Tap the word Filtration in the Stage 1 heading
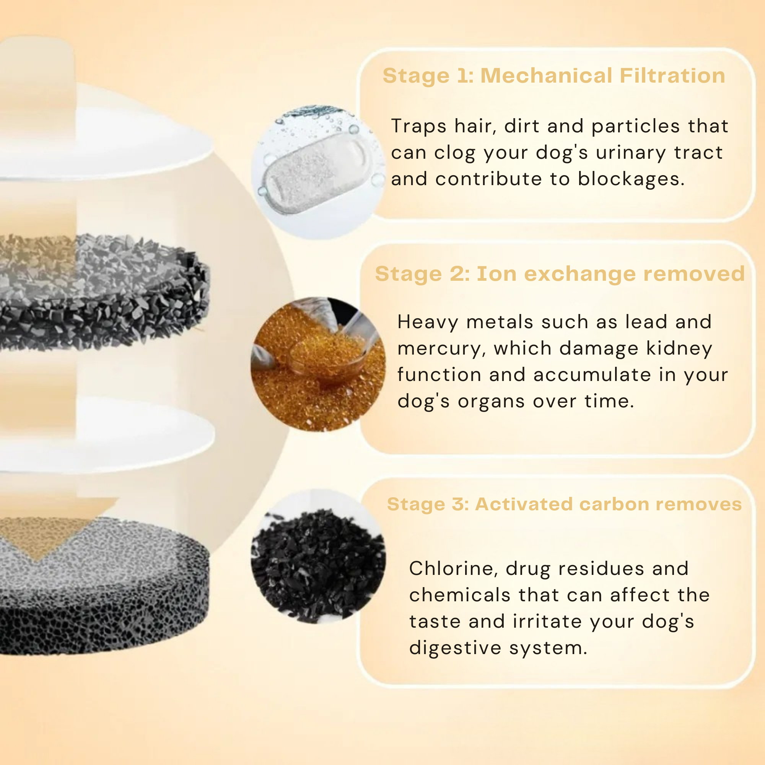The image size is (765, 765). (672, 76)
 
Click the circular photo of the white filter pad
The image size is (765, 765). (317, 172)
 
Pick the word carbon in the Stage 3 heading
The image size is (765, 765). (611, 505)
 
